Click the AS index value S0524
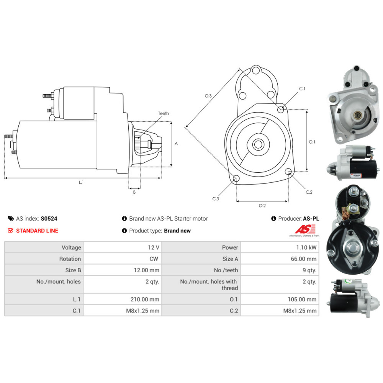click(x=49, y=219)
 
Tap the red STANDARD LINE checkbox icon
click(x=10, y=231)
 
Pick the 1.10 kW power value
click(x=306, y=247)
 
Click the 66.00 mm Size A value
click(x=304, y=259)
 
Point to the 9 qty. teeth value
click(x=309, y=270)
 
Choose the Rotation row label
click(x=70, y=259)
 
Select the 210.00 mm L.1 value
click(x=145, y=300)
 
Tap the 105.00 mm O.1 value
click(x=302, y=300)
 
